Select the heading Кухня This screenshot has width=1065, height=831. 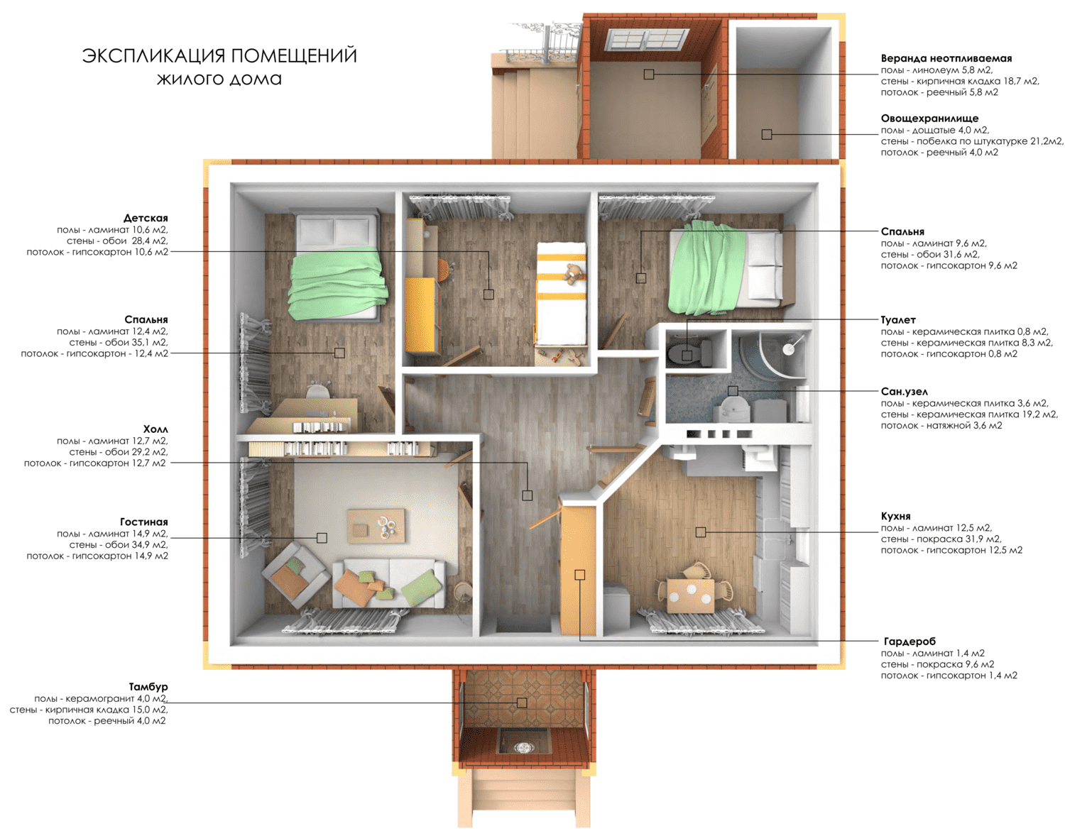[895, 516]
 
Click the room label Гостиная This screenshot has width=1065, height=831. [143, 522]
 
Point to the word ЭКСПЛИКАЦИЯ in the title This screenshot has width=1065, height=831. [154, 56]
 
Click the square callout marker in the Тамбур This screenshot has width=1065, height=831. [521, 703]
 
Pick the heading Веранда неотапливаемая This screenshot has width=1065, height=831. [946, 59]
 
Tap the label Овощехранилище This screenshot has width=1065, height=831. [929, 119]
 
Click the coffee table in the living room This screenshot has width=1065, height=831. [376, 526]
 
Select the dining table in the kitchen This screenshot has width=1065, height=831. [691, 595]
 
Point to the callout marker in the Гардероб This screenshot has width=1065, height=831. [579, 575]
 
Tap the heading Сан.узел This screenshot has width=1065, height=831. [905, 392]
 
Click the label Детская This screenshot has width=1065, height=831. [146, 218]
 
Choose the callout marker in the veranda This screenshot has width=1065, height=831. [648, 75]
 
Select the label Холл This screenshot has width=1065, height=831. [155, 429]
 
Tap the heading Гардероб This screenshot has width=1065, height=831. [910, 642]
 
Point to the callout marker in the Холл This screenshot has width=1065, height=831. [527, 495]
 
